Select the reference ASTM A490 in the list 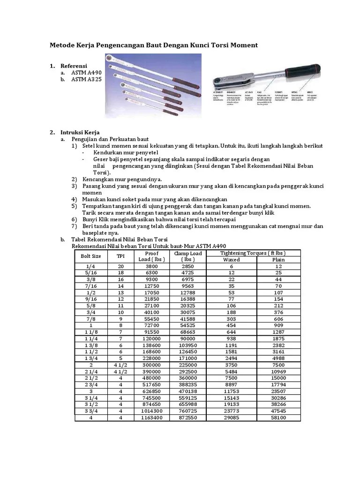click(86, 73)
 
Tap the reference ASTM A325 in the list click(86, 80)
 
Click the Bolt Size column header click(91, 256)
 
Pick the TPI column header click(121, 256)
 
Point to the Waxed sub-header click(232, 260)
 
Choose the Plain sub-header click(278, 260)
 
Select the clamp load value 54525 click(188, 324)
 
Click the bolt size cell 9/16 click(91, 299)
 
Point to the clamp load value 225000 click(188, 364)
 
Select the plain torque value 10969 click(278, 371)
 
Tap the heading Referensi click(74, 66)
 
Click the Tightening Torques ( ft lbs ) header click(255, 253)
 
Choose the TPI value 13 click(121, 292)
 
